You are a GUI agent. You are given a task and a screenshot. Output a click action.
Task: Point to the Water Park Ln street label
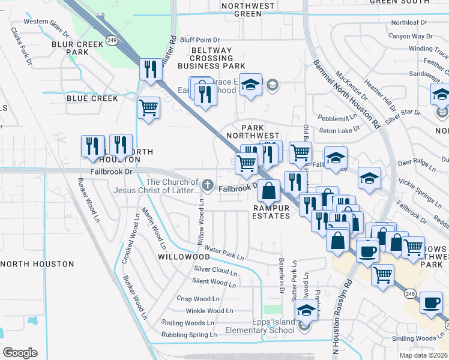coord(224,252)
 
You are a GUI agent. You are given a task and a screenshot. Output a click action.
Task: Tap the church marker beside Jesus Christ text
coord(208,184)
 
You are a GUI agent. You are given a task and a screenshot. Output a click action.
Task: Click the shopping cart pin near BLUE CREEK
coord(148,108)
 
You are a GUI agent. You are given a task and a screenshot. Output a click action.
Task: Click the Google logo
coord(20,353)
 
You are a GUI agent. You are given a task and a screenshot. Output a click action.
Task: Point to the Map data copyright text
coord(424,355)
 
